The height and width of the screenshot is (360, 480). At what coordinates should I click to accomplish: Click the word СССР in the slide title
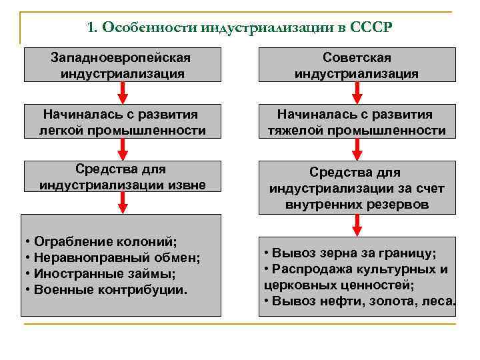coord(371,28)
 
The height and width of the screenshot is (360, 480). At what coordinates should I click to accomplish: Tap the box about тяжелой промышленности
coord(357,122)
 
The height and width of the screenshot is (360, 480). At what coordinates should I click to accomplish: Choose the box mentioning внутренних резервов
coord(357,189)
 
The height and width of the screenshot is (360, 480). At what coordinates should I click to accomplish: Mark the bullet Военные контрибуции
coord(106,289)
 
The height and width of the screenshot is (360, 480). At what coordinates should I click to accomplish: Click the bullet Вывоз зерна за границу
coord(351,254)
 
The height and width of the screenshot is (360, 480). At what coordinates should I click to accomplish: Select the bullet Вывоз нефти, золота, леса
coord(360,302)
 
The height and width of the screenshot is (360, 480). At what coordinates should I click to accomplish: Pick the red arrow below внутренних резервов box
coord(357,225)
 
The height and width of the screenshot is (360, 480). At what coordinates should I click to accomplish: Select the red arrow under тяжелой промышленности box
coord(357,148)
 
